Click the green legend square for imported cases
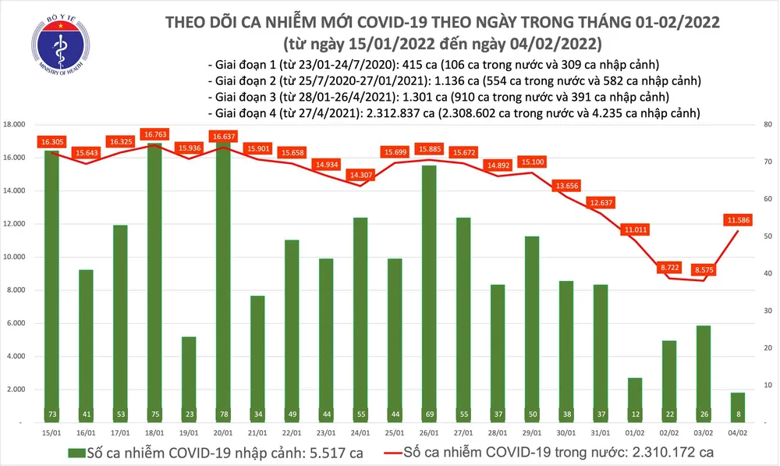tap(76, 452)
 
